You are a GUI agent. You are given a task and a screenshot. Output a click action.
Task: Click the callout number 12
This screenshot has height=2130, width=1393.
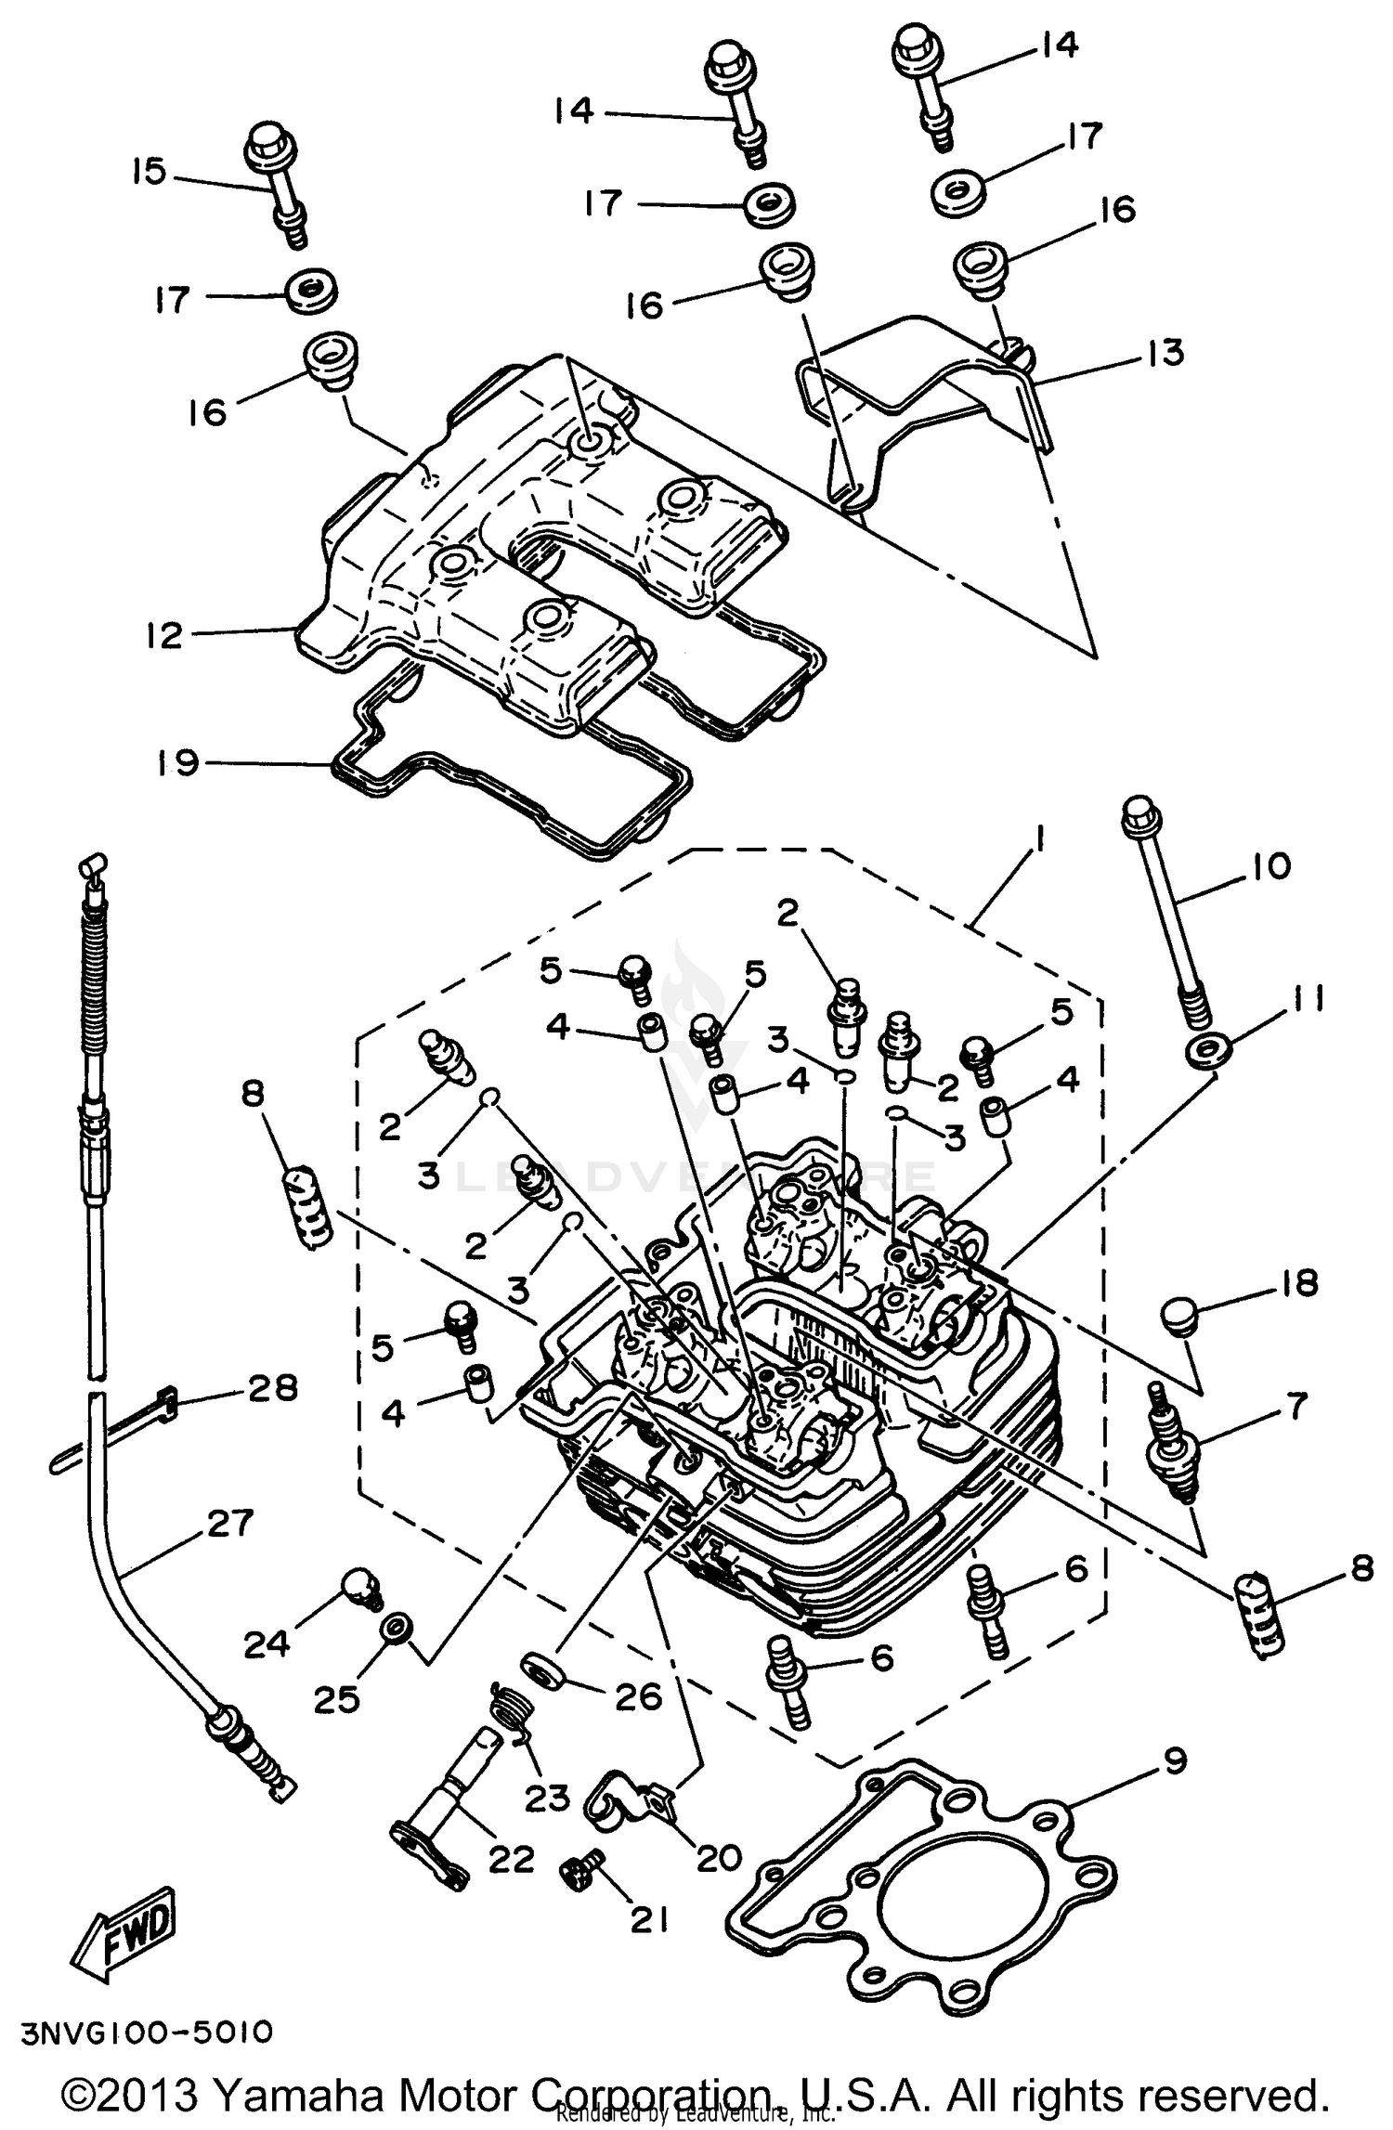click(163, 636)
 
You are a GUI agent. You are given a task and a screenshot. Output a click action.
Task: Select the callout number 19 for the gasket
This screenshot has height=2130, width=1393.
click(176, 763)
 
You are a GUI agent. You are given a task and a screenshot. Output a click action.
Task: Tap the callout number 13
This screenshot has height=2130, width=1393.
click(1165, 353)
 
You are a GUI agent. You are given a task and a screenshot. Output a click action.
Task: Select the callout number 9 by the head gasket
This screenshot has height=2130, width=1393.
click(1174, 1761)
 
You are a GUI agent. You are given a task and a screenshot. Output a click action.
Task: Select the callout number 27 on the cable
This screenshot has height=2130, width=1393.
click(229, 1524)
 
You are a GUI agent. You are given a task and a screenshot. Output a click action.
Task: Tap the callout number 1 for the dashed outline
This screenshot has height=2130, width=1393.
click(1039, 842)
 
